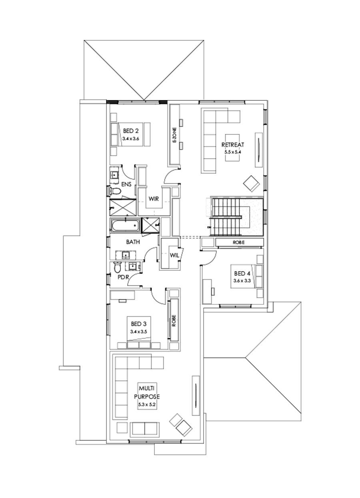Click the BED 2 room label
point(131,130)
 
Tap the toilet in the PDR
point(117,266)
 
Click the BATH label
point(132,242)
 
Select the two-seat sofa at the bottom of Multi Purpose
point(145,428)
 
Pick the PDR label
point(122,276)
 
